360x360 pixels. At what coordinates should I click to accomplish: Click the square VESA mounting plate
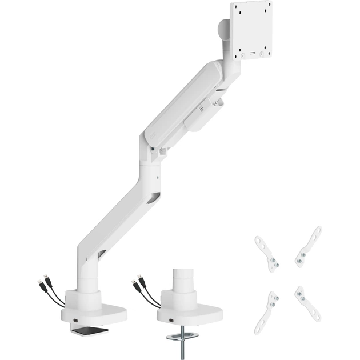coord(252,29)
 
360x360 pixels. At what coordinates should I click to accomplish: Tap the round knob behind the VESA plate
coord(222,32)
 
